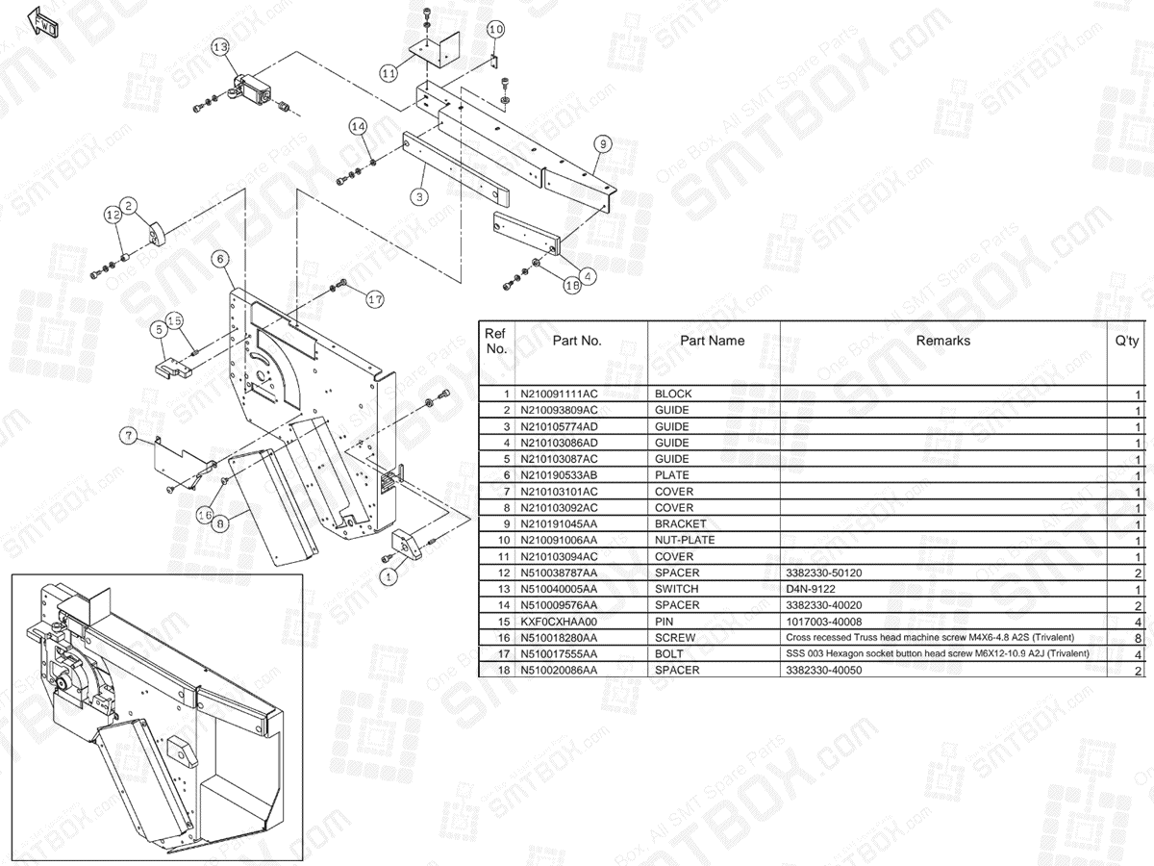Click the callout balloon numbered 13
(x=220, y=46)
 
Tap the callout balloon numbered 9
(x=602, y=144)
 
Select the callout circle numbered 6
(x=220, y=259)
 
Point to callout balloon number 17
(x=375, y=298)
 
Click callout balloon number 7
(x=128, y=436)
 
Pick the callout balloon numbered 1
(x=388, y=577)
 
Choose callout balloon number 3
(x=419, y=196)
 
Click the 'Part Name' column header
(x=713, y=341)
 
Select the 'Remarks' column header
(x=942, y=341)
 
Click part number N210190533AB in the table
(x=559, y=475)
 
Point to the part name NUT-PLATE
(x=685, y=540)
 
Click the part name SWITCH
(x=677, y=589)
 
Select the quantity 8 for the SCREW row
(x=1139, y=638)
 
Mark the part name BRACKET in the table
(x=680, y=523)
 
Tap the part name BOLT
(x=671, y=654)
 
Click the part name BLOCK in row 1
(x=673, y=394)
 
